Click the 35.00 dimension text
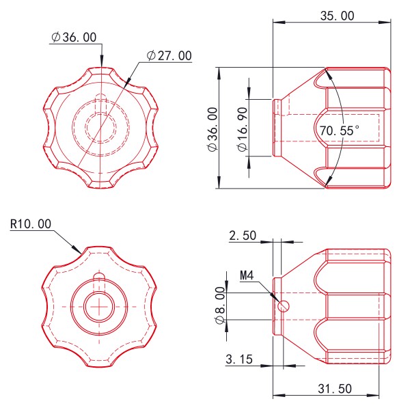coord(338,15)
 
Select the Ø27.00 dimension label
coord(169,56)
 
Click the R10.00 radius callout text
coord(31,223)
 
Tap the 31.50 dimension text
coord(336,388)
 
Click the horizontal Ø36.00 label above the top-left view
coord(74,38)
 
